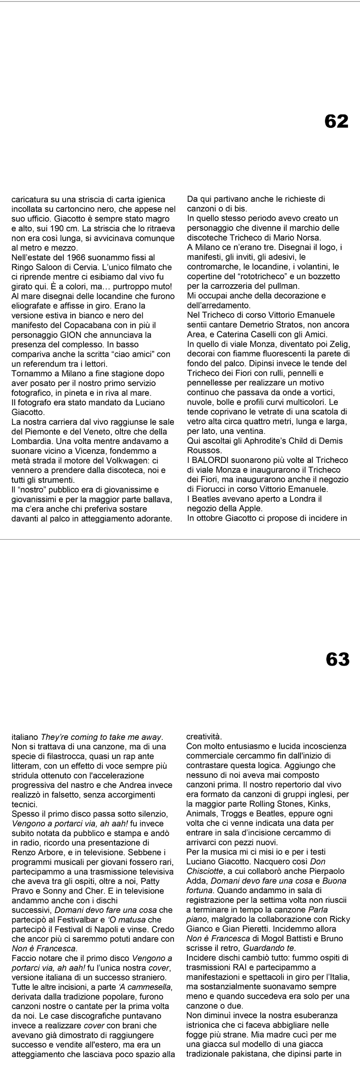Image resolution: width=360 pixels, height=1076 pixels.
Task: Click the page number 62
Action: (336, 121)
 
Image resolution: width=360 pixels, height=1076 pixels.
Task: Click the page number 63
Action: (337, 659)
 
